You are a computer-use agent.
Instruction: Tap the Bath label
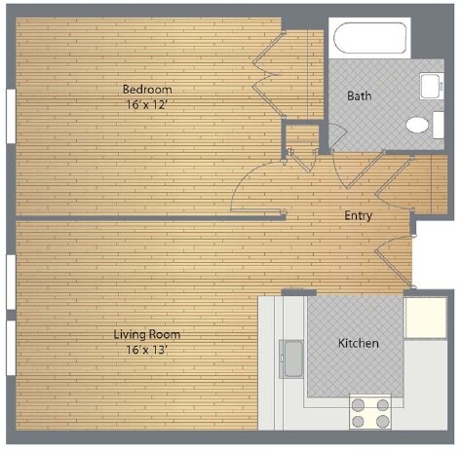tap(359, 96)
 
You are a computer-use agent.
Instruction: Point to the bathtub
tap(371, 40)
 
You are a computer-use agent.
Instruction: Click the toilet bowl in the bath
tap(417, 125)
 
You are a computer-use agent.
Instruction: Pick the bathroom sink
tap(430, 88)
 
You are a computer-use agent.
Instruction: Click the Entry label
tap(359, 215)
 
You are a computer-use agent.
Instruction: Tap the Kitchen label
tap(358, 344)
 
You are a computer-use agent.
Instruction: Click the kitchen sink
tap(292, 358)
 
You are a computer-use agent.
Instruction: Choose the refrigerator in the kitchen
tap(425, 318)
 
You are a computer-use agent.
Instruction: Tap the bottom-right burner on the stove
tap(383, 421)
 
